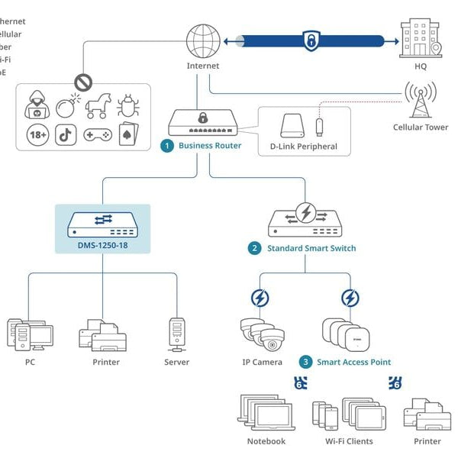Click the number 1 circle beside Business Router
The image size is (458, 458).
166,146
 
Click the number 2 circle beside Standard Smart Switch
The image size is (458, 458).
254,248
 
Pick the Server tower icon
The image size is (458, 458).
176,334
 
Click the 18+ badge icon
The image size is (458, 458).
37,136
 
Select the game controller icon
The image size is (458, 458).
97,136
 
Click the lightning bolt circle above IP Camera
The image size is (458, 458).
260,298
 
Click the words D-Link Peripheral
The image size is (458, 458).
303,147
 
